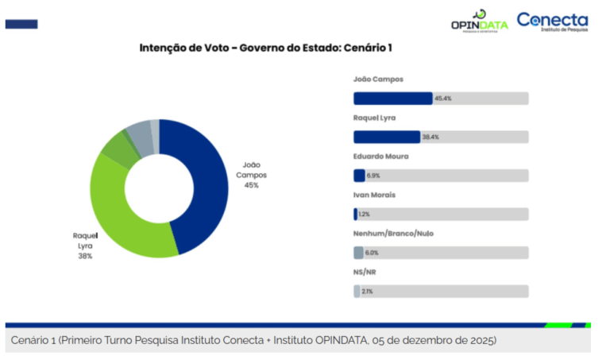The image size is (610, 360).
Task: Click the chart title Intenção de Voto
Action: tap(266, 48)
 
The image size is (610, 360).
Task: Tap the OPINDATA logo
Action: tap(479, 21)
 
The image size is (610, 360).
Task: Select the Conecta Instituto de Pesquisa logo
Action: tap(553, 21)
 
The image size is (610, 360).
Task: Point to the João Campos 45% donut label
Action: tap(251, 175)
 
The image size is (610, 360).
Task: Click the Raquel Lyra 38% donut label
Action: tap(83, 246)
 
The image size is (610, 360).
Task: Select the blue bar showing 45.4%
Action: tap(392, 99)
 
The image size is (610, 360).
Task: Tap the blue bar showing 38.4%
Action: tap(386, 137)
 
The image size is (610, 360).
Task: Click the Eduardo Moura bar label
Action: tap(380, 157)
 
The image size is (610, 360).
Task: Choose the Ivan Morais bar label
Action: tap(374, 195)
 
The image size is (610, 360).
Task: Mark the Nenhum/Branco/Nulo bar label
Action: tap(393, 234)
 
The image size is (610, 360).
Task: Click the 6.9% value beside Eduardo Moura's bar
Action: tap(373, 176)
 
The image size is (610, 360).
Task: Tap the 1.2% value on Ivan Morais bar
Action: tap(364, 215)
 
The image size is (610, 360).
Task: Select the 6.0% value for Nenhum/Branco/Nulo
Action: tap(371, 253)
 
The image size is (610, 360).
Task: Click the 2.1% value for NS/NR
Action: tap(367, 292)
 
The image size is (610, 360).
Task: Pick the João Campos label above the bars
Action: tap(379, 79)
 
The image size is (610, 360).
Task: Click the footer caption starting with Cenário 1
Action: tap(254, 340)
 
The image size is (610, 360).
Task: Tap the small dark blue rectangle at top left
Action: tap(21, 24)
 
